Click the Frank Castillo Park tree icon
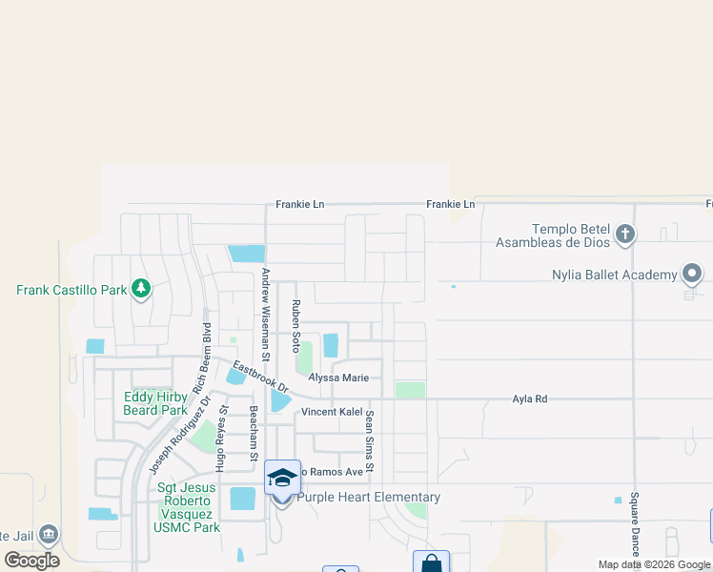pyautogui.click(x=141, y=288)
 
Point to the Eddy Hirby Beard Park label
pyautogui.click(x=155, y=403)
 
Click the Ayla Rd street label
pyautogui.click(x=530, y=399)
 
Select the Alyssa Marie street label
pyautogui.click(x=338, y=378)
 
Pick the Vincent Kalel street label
pyautogui.click(x=333, y=412)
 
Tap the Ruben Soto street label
pyautogui.click(x=296, y=326)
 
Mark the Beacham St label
pyautogui.click(x=254, y=434)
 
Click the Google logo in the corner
pyautogui.click(x=31, y=561)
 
